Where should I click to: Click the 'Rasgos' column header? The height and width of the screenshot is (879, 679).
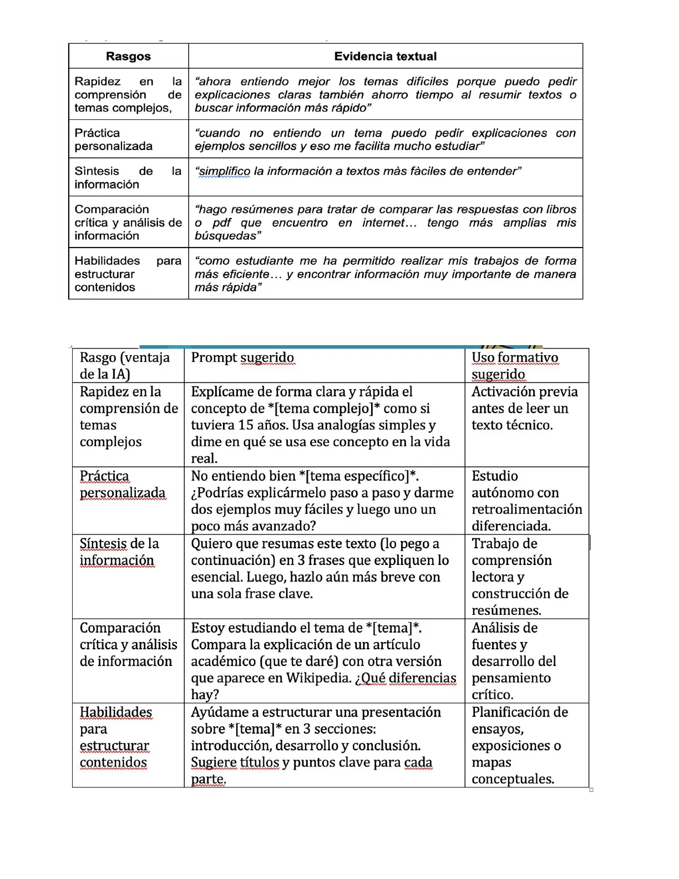coord(128,56)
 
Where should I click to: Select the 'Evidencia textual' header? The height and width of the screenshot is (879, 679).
coord(385,56)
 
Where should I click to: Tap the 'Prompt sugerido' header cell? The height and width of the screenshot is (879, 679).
coord(242,358)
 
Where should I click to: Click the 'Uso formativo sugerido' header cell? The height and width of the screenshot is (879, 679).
coord(515,366)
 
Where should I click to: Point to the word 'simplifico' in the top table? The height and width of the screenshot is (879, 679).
coord(225,171)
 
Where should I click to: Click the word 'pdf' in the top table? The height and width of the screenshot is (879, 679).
coord(221,223)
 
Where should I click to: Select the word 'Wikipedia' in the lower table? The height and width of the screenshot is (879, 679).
coord(318,678)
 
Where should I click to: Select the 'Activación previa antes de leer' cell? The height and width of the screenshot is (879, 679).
coord(524,408)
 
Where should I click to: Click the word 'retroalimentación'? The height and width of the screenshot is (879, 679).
coord(526,509)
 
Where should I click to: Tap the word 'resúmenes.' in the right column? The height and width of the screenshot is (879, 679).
coord(506,610)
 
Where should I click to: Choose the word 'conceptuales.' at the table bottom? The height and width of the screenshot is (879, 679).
coord(513,779)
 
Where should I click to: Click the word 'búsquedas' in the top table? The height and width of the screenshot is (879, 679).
coord(225,236)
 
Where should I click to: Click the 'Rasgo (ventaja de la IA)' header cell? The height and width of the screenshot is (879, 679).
coord(125,366)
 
